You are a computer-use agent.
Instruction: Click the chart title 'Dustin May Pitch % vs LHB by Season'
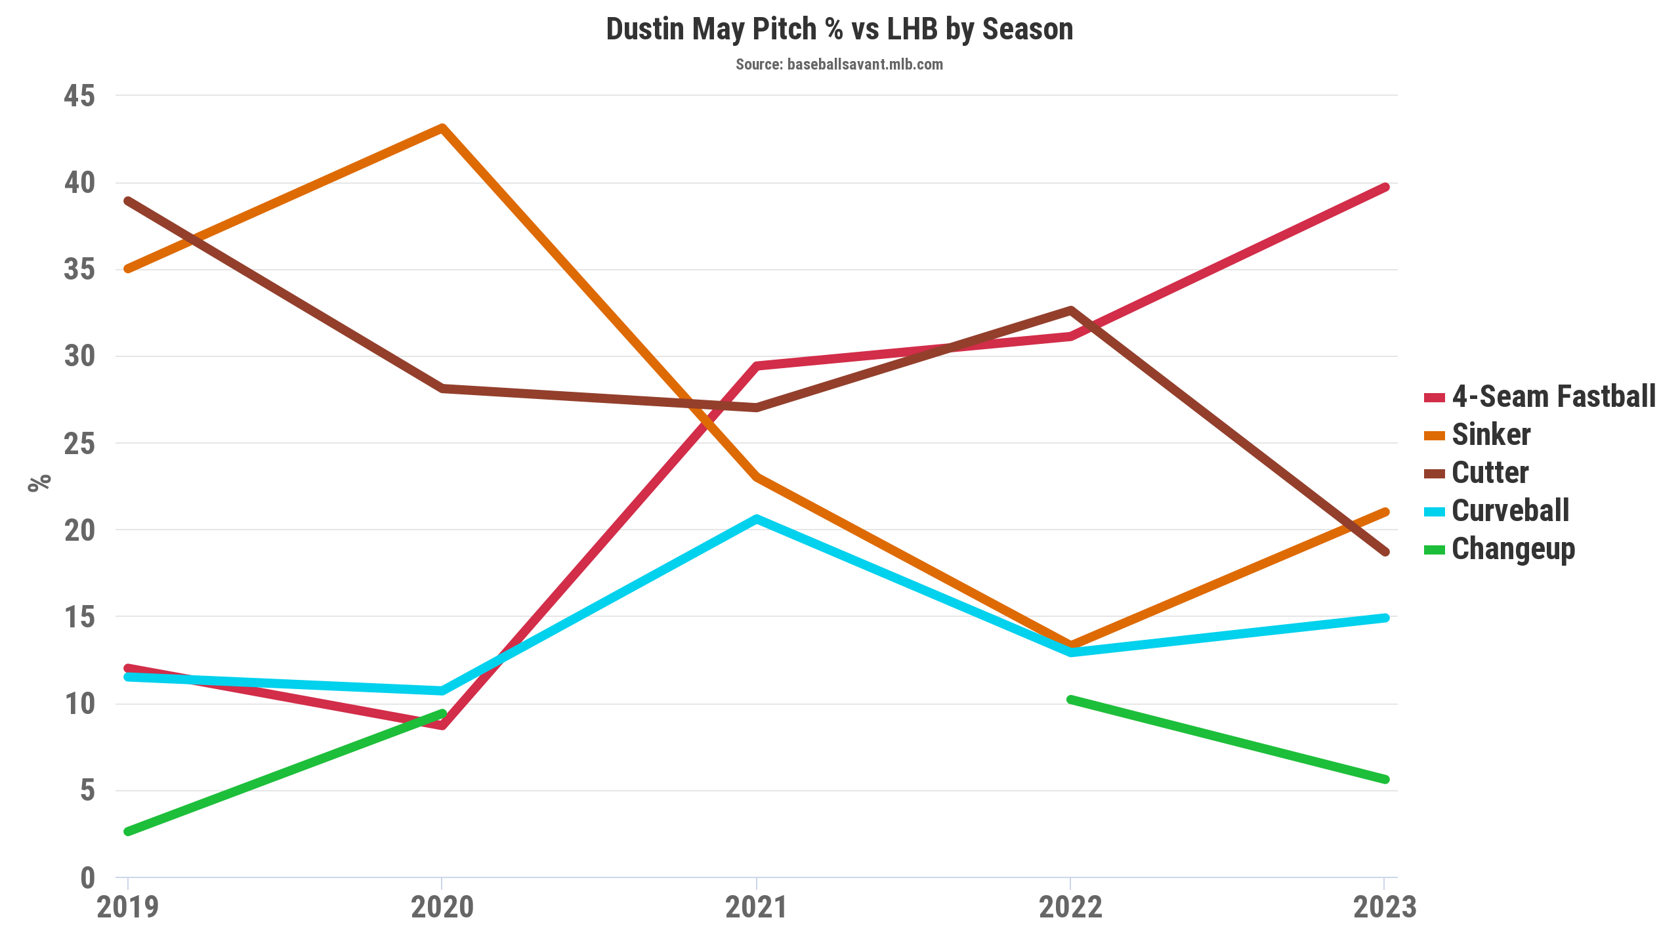[839, 30]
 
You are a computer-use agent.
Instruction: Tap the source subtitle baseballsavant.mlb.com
[839, 64]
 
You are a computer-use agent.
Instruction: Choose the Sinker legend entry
[1490, 435]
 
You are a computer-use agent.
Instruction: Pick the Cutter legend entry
[1490, 473]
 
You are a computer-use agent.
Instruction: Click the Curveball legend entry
[1509, 511]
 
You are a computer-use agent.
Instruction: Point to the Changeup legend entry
[1513, 549]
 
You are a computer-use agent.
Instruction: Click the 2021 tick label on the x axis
[756, 908]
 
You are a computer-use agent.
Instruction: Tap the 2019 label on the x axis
[128, 908]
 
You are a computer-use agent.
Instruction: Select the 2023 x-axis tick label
[1385, 908]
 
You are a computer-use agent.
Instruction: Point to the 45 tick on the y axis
[79, 96]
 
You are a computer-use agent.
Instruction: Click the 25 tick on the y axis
[79, 444]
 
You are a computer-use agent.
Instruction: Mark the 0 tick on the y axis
[87, 878]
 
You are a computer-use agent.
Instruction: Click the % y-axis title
[39, 482]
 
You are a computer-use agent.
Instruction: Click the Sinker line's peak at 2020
[442, 127]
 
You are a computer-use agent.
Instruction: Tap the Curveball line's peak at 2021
[756, 519]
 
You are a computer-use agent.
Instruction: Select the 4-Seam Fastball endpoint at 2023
[1385, 188]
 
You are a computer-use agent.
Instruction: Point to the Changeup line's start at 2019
[128, 831]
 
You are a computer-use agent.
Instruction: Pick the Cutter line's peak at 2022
[1070, 310]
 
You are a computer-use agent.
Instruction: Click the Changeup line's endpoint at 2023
[1385, 780]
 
